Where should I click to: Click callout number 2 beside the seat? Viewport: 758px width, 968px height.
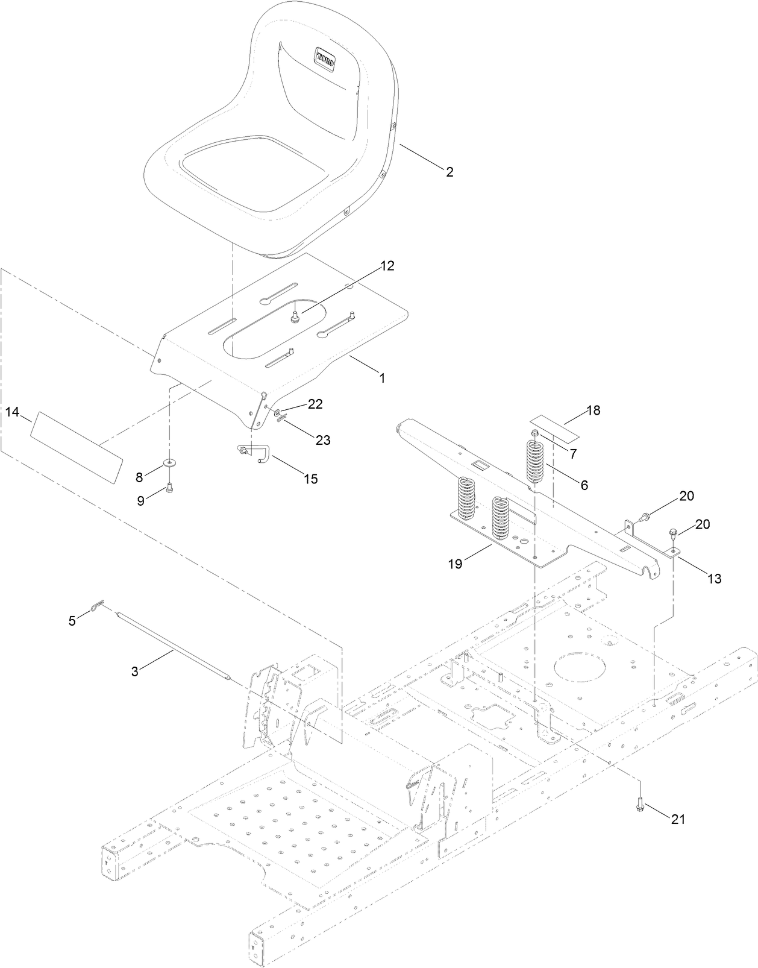449,172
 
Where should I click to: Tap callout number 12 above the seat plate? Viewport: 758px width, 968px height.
387,266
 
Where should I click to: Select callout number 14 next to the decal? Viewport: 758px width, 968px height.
13,412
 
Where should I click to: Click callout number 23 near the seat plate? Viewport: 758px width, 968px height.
323,440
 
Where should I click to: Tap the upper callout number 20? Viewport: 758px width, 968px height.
686,496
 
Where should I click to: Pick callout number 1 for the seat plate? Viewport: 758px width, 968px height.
381,378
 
